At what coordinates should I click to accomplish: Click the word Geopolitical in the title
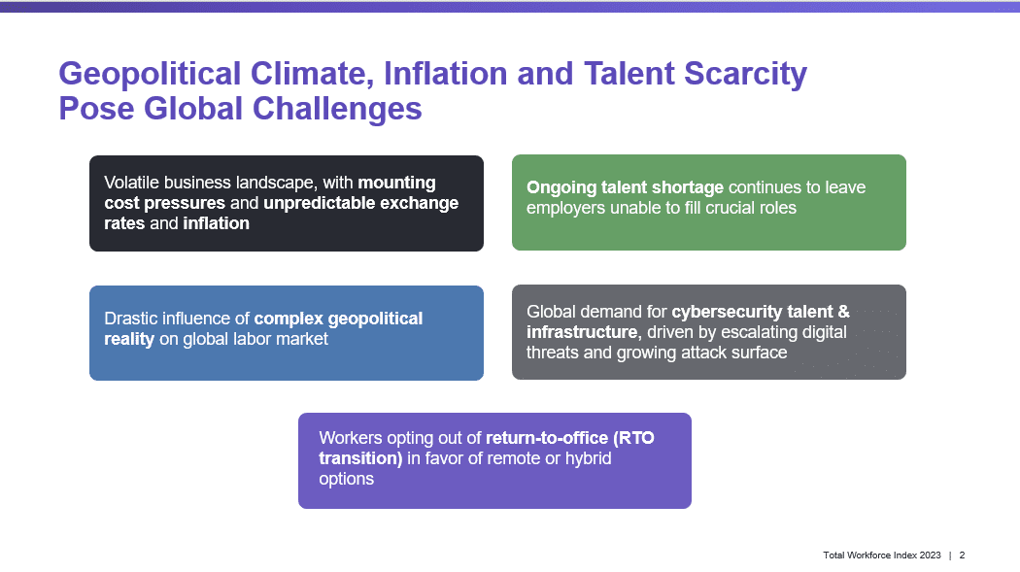click(150, 74)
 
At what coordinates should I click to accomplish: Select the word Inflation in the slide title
click(446, 73)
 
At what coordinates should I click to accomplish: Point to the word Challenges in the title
click(337, 109)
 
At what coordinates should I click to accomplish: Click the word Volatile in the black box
click(131, 183)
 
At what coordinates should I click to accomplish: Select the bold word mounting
click(396, 184)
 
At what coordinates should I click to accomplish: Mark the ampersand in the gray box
click(844, 312)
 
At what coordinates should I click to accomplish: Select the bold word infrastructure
click(582, 332)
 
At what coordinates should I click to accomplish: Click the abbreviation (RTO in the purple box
click(633, 439)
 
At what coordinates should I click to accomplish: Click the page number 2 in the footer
click(962, 555)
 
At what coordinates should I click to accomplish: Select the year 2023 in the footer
click(931, 555)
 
